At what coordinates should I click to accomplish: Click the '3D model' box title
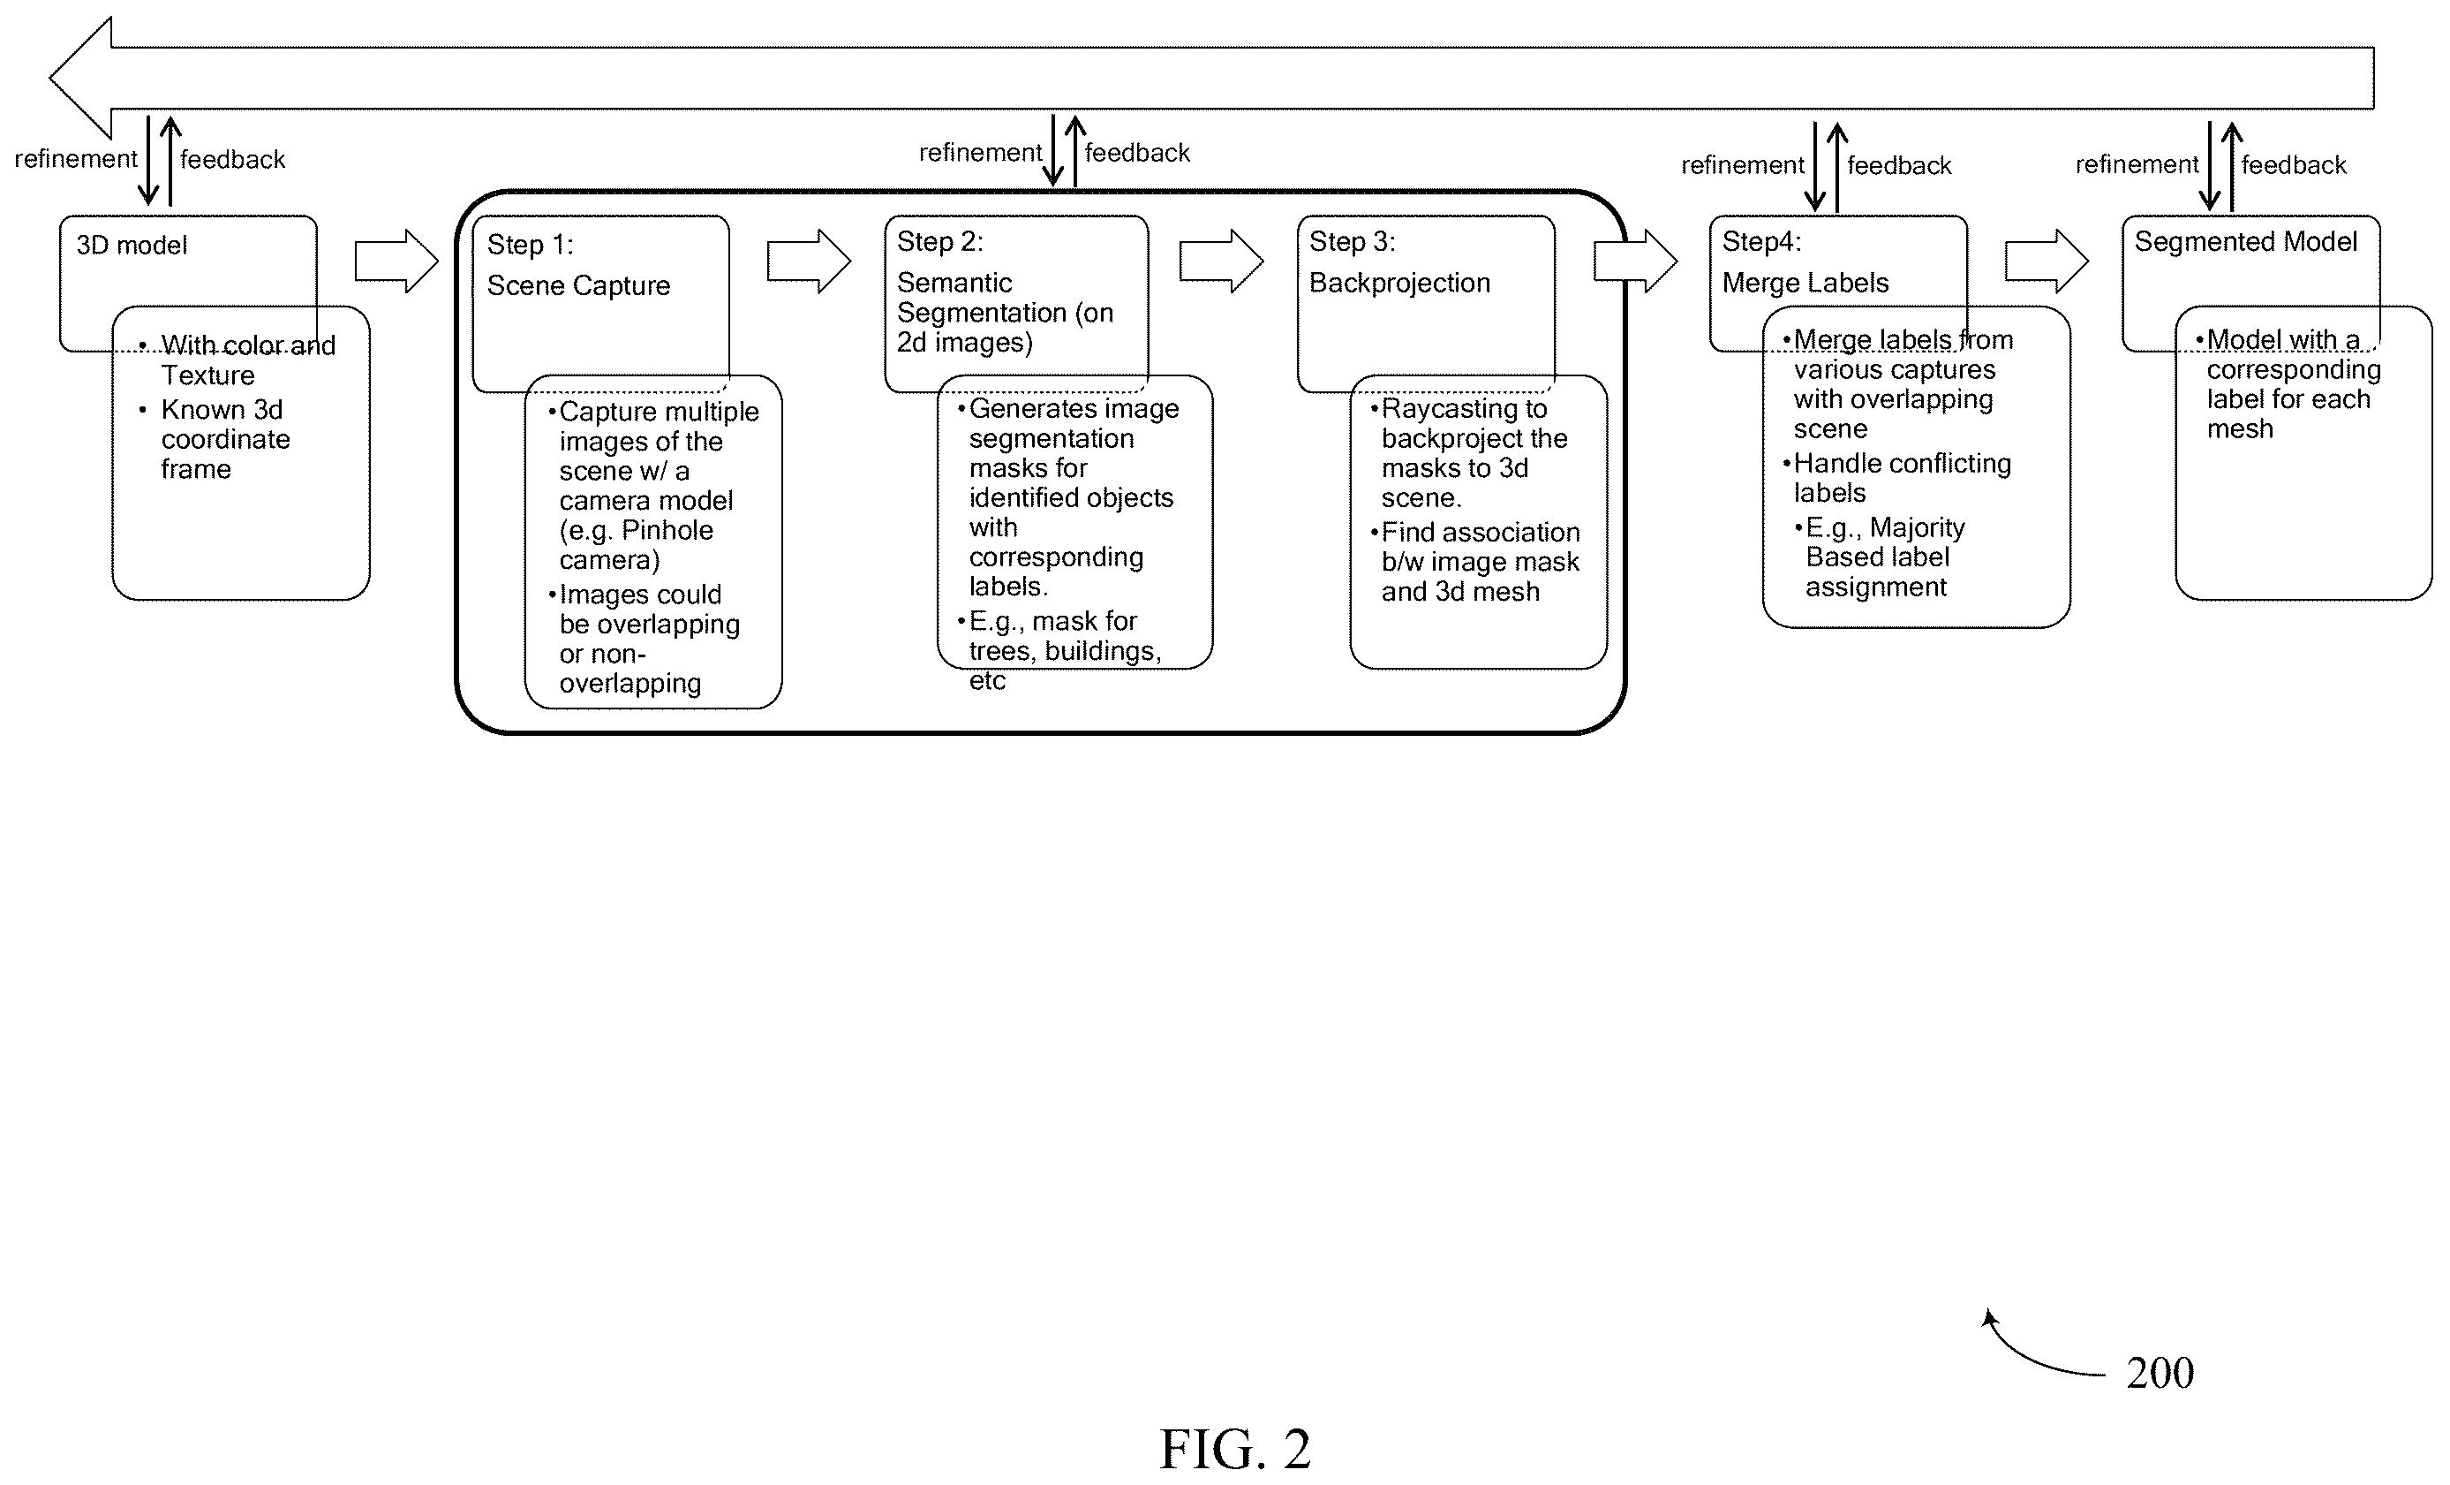(132, 245)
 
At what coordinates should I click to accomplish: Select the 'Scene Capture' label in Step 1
(578, 285)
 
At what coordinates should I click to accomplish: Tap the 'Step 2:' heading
(939, 242)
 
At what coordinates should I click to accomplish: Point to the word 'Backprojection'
(1399, 284)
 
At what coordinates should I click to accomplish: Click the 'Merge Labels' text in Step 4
(1805, 284)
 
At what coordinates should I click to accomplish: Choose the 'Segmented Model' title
(2245, 242)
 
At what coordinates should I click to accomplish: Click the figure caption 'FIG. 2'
(1235, 1448)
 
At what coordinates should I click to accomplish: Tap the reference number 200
(2160, 1373)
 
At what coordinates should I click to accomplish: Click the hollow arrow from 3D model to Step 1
(396, 261)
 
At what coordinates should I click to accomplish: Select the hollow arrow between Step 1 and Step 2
(809, 261)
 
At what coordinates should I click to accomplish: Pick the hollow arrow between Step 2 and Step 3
(1221, 261)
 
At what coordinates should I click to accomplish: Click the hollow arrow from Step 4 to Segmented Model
(2047, 261)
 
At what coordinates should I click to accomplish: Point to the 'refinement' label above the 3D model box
(76, 159)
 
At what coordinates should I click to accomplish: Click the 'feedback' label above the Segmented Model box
(2293, 165)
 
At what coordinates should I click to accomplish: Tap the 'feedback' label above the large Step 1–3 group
(1136, 153)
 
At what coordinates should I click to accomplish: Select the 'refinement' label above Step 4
(1742, 165)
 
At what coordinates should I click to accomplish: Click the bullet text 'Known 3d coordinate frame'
(225, 440)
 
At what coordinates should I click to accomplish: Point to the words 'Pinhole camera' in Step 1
(637, 545)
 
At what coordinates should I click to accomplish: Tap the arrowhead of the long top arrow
(50, 78)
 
